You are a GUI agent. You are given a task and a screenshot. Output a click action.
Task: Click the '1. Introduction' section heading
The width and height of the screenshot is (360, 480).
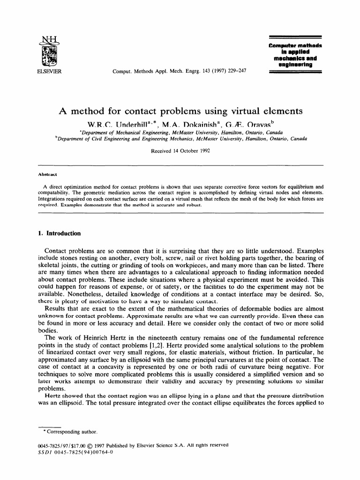point(59,233)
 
